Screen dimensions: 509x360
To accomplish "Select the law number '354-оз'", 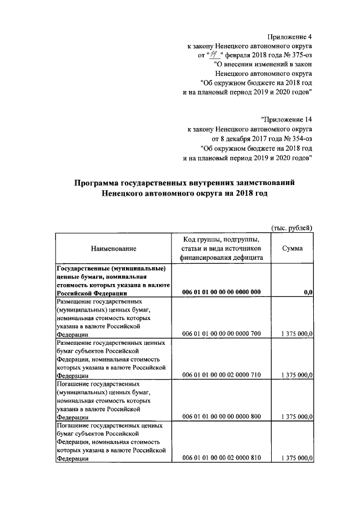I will [301, 138].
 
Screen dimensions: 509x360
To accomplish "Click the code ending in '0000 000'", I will [222, 292].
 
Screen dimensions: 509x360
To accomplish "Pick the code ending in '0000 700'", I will [222, 334].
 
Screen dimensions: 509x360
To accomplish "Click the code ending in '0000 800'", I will [222, 417].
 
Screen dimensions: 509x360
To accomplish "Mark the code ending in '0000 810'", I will [222, 458].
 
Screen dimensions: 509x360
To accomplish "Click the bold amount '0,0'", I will [308, 292].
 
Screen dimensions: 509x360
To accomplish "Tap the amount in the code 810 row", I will [296, 458].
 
